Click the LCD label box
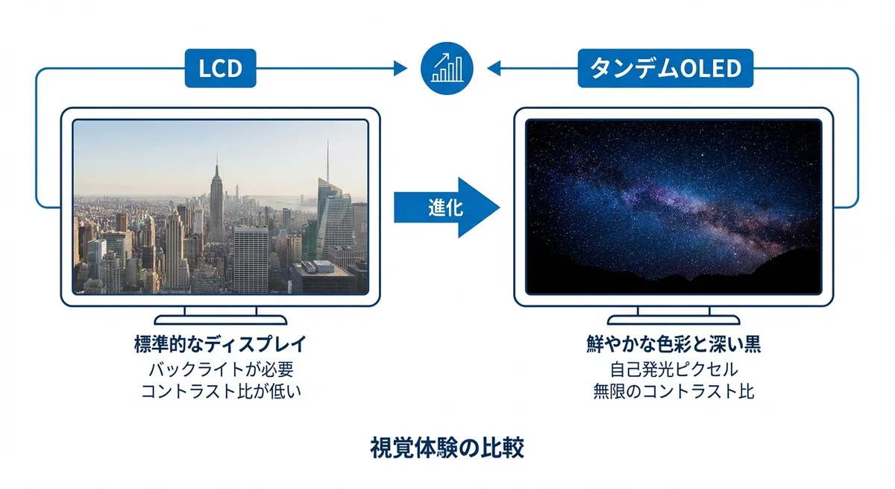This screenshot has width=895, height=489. click(x=220, y=68)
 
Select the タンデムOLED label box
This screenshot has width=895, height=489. click(x=665, y=68)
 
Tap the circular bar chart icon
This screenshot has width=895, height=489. click(x=447, y=69)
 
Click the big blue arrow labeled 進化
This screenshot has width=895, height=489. click(x=447, y=208)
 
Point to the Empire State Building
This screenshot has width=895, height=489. click(x=216, y=204)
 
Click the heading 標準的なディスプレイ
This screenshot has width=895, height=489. click(x=220, y=344)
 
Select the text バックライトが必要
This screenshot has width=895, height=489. click(x=221, y=370)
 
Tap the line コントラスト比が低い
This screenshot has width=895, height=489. click(x=221, y=391)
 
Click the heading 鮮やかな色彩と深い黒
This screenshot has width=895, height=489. click(x=673, y=344)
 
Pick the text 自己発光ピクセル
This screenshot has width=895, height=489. click(x=673, y=370)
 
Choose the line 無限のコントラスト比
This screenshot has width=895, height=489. click(x=673, y=391)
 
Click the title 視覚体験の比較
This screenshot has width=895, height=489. click(x=447, y=448)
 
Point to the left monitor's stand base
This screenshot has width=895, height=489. click(x=221, y=320)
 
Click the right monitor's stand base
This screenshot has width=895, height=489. click(x=673, y=320)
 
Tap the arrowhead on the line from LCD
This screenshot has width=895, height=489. click(x=400, y=69)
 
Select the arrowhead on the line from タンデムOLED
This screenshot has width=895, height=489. click(x=494, y=69)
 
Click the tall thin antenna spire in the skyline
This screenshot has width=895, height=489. click(x=327, y=161)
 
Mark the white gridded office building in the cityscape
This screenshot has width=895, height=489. click(x=251, y=260)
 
